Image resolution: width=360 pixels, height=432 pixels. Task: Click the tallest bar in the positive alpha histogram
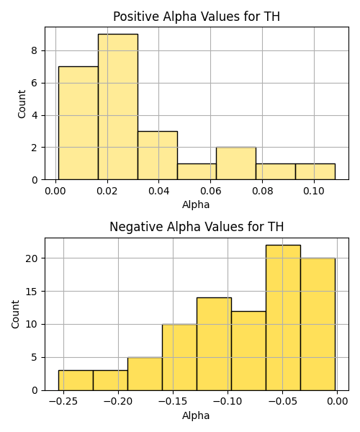click(118, 107)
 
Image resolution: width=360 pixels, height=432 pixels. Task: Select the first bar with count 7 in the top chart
click(78, 123)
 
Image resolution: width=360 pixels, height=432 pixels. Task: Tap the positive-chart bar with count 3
click(158, 156)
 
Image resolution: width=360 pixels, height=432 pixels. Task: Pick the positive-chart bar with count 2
click(236, 163)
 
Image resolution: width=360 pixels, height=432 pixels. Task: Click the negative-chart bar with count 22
click(283, 318)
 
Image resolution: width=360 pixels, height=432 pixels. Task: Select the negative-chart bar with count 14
click(214, 344)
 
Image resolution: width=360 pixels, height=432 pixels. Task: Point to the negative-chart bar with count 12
click(248, 351)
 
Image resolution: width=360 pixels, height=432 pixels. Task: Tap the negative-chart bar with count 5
click(145, 374)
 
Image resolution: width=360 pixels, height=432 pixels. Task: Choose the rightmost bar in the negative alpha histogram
click(318, 324)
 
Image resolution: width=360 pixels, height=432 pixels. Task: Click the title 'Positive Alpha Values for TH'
click(197, 17)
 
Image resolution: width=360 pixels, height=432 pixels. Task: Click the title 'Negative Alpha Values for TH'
click(197, 227)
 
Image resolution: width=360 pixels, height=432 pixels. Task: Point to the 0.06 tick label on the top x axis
click(211, 191)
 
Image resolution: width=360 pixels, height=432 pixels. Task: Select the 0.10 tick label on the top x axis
click(314, 191)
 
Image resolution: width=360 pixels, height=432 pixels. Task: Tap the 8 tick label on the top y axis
click(35, 50)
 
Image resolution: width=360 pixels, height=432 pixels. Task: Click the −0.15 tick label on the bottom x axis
click(173, 401)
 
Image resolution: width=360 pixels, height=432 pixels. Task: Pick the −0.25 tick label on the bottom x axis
click(63, 401)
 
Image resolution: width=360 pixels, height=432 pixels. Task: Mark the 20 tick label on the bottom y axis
click(32, 258)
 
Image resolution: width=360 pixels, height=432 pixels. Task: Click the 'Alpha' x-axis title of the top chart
click(196, 204)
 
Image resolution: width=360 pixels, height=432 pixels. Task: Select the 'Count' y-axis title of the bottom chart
click(16, 314)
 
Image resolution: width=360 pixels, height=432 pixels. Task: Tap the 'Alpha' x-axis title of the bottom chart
click(196, 415)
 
